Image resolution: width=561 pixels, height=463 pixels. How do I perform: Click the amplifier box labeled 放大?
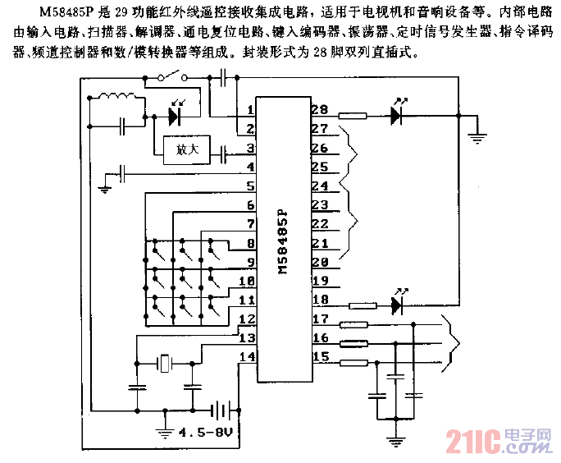[182, 151]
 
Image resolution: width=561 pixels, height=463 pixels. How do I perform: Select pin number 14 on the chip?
[244, 355]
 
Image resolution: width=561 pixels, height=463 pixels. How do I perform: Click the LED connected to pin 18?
[399, 306]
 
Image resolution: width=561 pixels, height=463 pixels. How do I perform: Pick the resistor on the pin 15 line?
[353, 363]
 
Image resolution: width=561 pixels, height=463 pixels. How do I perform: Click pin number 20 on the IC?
[318, 263]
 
